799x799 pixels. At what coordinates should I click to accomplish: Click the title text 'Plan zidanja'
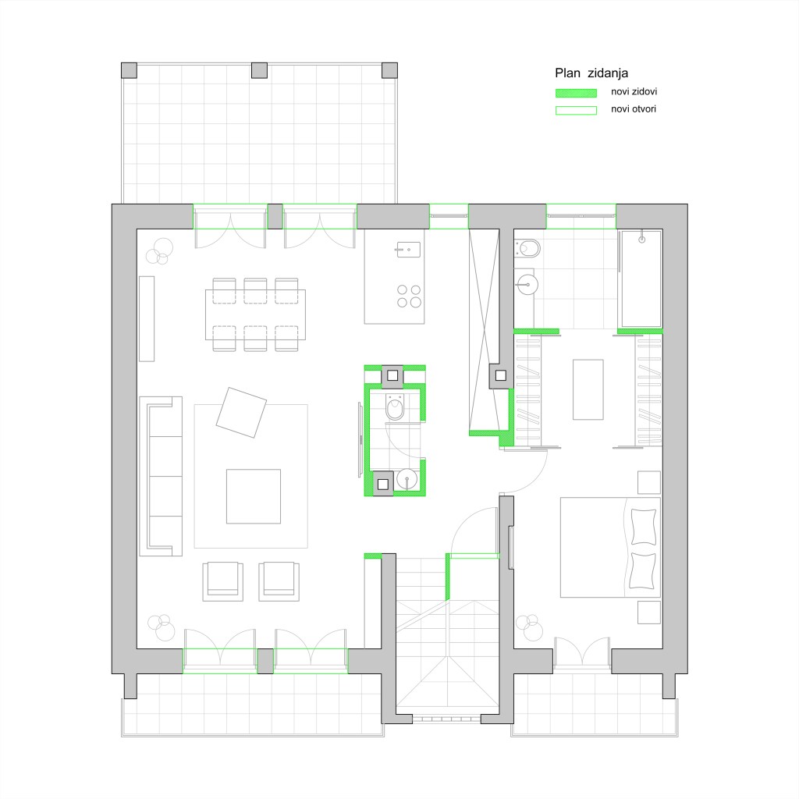tap(591, 73)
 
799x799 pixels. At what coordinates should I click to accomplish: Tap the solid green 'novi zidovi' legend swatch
tap(576, 93)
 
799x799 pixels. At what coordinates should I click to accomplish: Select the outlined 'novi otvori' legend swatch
tap(576, 110)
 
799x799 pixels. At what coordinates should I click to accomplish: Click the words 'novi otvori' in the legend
tap(634, 108)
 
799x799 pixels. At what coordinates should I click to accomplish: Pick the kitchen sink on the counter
tap(409, 250)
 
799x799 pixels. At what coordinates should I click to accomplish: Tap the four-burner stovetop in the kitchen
tap(409, 296)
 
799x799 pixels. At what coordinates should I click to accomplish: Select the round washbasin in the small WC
tap(407, 479)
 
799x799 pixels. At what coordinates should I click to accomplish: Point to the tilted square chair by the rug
tap(241, 412)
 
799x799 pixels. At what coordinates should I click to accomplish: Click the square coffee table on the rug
tap(254, 496)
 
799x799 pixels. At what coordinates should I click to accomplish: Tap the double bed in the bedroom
tap(610, 547)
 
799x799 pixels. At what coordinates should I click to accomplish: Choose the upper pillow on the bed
tap(644, 527)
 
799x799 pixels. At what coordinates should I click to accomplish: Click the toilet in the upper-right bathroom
tap(528, 249)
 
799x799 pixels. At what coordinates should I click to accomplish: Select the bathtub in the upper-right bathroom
tap(641, 279)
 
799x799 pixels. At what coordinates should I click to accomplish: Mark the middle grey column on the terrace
tap(259, 70)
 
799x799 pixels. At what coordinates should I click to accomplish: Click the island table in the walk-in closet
tap(588, 389)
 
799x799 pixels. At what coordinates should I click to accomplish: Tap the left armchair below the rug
tap(222, 581)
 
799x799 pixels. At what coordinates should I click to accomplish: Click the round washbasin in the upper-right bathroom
tap(527, 285)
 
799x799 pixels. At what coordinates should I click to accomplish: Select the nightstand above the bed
tap(649, 482)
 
